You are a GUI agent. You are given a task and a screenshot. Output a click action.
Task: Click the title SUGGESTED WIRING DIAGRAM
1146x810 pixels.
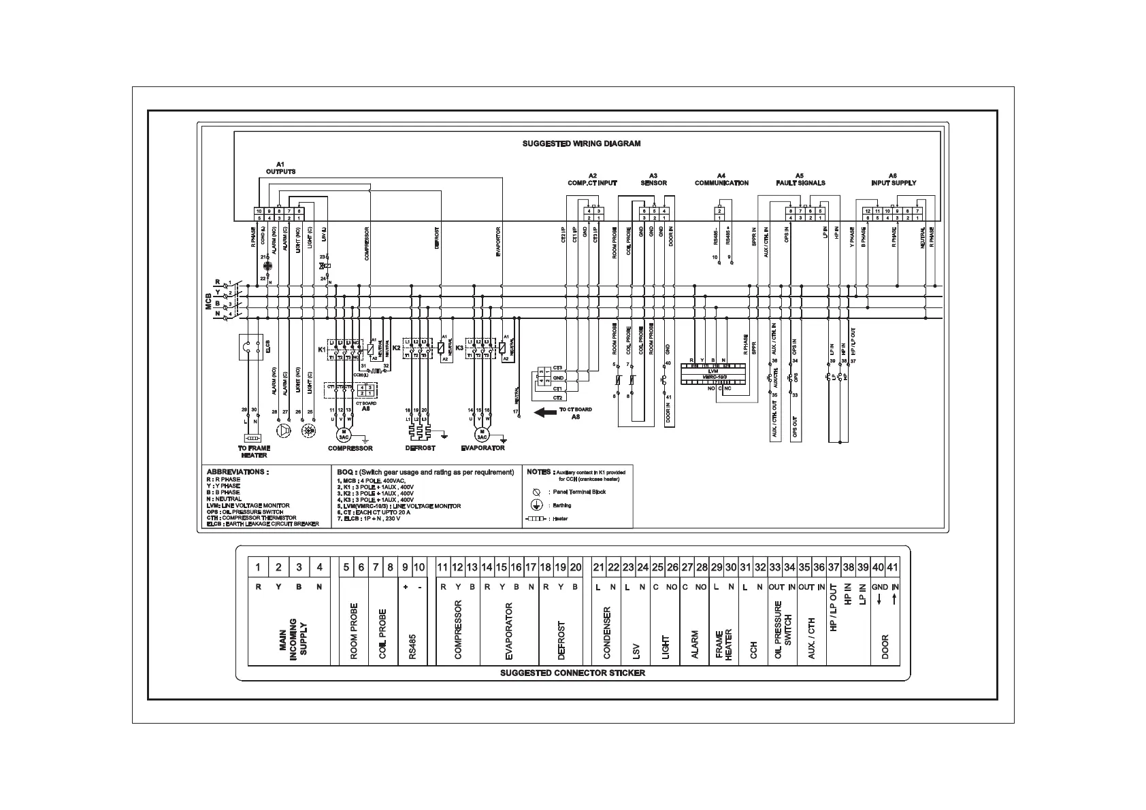point(580,144)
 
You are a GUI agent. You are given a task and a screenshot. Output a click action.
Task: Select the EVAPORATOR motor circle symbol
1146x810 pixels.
point(482,433)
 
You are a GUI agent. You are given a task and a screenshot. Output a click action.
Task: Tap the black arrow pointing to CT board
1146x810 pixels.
point(545,412)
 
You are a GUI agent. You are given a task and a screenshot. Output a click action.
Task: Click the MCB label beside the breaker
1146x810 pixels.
point(209,301)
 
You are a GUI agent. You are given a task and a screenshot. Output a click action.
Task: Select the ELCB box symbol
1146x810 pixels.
point(250,347)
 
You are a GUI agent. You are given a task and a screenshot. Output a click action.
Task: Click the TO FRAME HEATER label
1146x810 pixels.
point(254,452)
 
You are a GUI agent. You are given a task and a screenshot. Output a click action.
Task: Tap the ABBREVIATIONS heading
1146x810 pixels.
point(238,471)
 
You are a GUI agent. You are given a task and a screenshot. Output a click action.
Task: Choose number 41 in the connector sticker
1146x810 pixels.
point(892,567)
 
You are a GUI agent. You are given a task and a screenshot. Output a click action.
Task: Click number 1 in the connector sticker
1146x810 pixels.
point(258,567)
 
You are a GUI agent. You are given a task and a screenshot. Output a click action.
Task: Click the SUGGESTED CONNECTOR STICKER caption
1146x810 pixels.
point(572,673)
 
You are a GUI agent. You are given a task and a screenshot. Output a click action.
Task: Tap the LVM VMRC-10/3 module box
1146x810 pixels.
point(713,373)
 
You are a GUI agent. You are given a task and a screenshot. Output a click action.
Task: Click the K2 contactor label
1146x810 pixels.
point(397,348)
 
